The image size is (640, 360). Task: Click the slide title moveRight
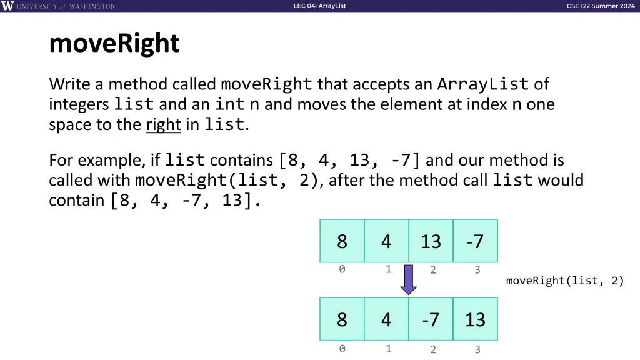114,44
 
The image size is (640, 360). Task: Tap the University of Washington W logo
8,6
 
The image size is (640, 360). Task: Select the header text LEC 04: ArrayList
319,6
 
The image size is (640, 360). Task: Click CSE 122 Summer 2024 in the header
601,6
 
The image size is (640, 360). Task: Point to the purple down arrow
409,279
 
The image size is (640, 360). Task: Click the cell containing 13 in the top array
431,241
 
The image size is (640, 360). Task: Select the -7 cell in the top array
475,241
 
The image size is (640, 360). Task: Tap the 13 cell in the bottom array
475,319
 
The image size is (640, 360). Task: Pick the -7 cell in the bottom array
431,319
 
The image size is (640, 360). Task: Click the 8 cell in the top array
342,241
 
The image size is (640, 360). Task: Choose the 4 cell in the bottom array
386,319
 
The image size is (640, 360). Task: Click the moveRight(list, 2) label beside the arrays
565,281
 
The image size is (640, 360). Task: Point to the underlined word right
163,124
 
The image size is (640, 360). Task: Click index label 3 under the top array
477,270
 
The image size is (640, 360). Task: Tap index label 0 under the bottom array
342,349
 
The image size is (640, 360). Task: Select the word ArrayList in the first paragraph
483,84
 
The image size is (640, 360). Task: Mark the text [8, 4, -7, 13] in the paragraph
184,201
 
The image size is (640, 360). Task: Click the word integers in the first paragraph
79,104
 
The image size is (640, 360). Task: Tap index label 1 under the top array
388,269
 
